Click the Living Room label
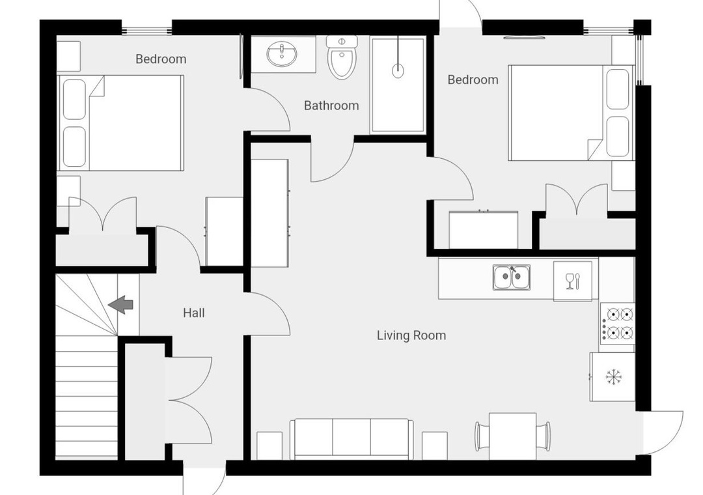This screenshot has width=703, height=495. tap(411, 335)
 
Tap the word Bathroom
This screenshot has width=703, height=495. tap(331, 106)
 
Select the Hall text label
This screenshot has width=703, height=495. tap(194, 313)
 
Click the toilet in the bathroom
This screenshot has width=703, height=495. tap(342, 57)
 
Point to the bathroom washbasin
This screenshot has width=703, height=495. tap(282, 54)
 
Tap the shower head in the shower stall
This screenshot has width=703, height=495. tap(398, 70)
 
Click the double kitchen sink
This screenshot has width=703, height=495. tap(512, 277)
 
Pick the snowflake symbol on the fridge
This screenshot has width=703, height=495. tap(613, 376)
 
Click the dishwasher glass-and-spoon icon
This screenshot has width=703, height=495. tap(573, 281)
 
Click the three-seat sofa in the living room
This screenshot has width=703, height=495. tap(351, 439)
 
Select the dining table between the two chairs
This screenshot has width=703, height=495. tap(512, 436)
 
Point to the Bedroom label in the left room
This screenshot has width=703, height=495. tap(161, 59)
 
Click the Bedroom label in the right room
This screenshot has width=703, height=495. tap(473, 79)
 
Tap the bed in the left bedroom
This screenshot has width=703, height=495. tap(120, 122)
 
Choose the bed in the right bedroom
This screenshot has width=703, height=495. tap(572, 113)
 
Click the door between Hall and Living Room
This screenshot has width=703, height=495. tap(268, 314)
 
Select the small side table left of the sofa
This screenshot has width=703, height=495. tap(269, 445)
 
